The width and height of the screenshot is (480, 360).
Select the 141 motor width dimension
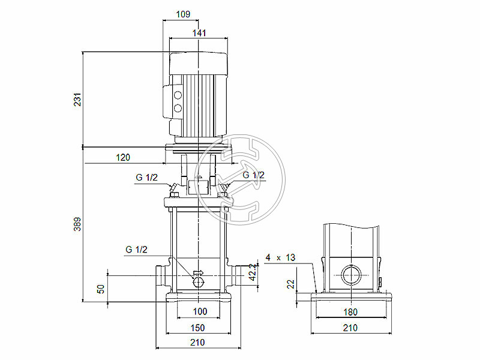[x=199, y=34]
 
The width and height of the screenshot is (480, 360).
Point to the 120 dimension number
[x=122, y=157]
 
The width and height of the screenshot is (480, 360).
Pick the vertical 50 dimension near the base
[x=101, y=289]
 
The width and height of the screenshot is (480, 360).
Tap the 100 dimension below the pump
[x=200, y=311]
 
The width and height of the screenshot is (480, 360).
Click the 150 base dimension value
[x=197, y=328]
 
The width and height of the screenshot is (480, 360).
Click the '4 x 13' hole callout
[x=281, y=257]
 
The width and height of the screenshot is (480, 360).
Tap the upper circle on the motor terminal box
[x=177, y=96]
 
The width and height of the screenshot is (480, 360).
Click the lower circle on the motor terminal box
[x=177, y=109]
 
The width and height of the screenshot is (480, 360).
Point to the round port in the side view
[x=350, y=276]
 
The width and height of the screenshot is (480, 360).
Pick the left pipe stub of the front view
[x=161, y=276]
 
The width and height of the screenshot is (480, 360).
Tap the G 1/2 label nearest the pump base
[x=136, y=250]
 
